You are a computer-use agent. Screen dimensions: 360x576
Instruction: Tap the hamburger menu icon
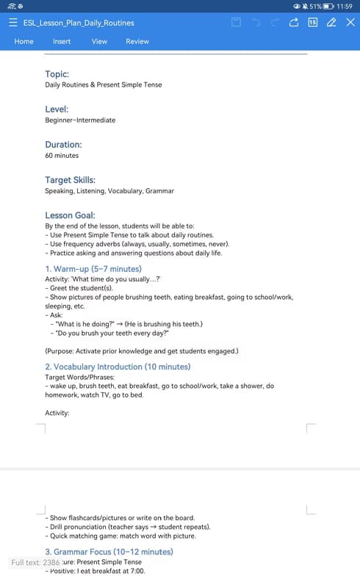coord(13,23)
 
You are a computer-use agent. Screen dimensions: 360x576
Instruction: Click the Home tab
coord(24,42)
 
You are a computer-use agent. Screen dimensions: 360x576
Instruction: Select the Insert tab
coord(62,42)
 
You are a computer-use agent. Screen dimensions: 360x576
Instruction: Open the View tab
coord(99,42)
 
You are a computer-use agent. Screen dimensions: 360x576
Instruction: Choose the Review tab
coord(137,42)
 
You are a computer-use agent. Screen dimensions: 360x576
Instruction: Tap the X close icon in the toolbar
coord(350,23)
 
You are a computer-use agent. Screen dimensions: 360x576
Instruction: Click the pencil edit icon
coord(331,23)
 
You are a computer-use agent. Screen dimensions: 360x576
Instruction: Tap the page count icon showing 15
coord(312,23)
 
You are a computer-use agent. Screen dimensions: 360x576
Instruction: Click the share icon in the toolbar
coord(294,23)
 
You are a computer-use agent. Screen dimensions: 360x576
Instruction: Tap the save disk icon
coord(236,23)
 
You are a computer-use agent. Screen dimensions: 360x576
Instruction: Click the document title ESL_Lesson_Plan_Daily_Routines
coord(79,23)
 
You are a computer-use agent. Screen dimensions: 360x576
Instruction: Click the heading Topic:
coord(57,74)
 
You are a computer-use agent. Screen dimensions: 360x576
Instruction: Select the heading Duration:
coord(63,145)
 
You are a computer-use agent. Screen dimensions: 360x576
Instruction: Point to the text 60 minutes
coord(62,156)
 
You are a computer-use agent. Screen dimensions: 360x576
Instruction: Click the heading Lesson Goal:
coord(70,215)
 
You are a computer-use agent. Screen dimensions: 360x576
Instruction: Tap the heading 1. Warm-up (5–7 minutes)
coord(93,269)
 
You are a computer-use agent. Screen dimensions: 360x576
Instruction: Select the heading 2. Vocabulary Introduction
coord(118,367)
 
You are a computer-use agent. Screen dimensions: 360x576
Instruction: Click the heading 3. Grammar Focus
coord(109,552)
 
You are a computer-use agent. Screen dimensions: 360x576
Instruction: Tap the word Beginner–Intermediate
coord(80,120)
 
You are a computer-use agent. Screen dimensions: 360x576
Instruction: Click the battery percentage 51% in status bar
coord(315,6)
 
